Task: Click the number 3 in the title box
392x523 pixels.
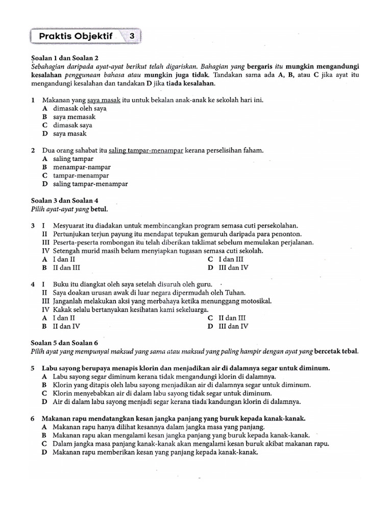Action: click(132, 36)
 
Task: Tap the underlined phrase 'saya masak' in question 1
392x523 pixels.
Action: click(104, 100)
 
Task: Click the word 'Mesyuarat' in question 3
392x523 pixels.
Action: click(70, 225)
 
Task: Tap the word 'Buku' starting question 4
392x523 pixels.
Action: click(61, 284)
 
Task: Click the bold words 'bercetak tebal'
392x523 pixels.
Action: click(336, 351)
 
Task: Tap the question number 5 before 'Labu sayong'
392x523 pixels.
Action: click(33, 368)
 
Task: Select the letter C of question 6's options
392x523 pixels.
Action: click(45, 444)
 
